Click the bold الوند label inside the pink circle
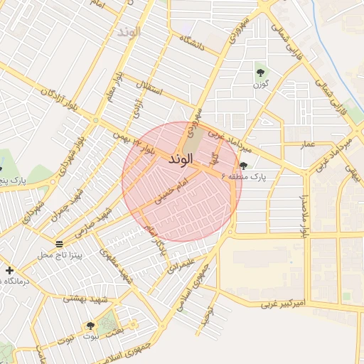tap(181, 160)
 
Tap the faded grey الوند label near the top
tap(130, 32)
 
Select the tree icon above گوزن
tap(260, 72)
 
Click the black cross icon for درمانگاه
tap(9, 270)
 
